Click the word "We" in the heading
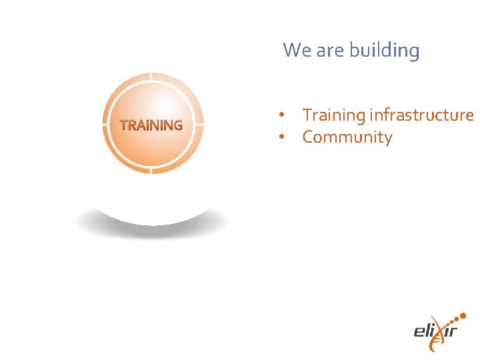click(295, 50)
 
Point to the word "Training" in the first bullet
click(333, 115)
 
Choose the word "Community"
click(347, 137)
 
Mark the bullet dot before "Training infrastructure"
click(283, 115)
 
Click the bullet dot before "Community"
click(283, 137)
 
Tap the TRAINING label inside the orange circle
click(151, 125)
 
